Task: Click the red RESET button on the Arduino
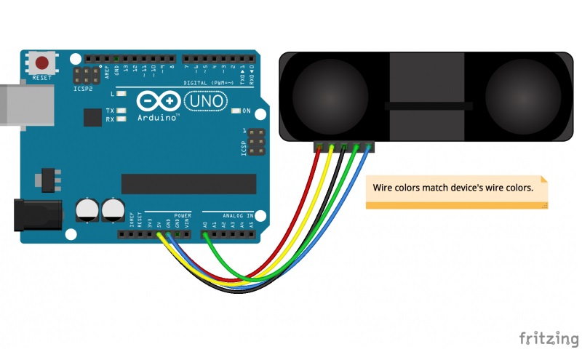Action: (44, 63)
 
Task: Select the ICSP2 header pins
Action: (87, 76)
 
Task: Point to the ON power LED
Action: (236, 111)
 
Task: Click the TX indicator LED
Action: (121, 111)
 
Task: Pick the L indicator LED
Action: (121, 95)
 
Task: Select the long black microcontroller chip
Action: (189, 184)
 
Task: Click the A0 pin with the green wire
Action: (205, 234)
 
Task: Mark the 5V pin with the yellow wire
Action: (159, 234)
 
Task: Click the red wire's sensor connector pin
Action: (319, 148)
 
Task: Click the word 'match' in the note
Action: (443, 188)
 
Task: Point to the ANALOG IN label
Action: (239, 216)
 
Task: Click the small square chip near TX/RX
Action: (92, 118)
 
